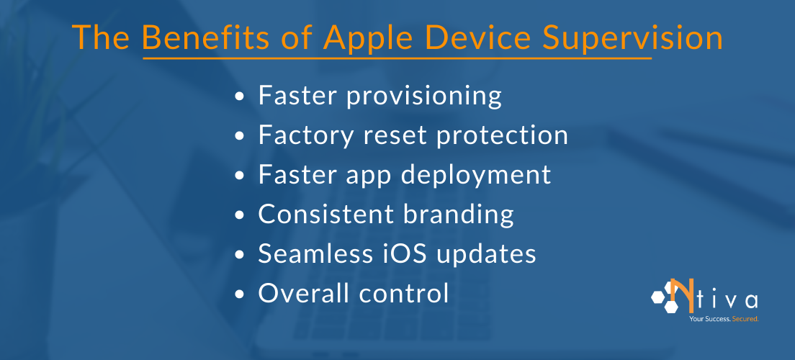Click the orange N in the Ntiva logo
pyautogui.click(x=678, y=295)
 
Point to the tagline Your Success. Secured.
pyautogui.click(x=723, y=318)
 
